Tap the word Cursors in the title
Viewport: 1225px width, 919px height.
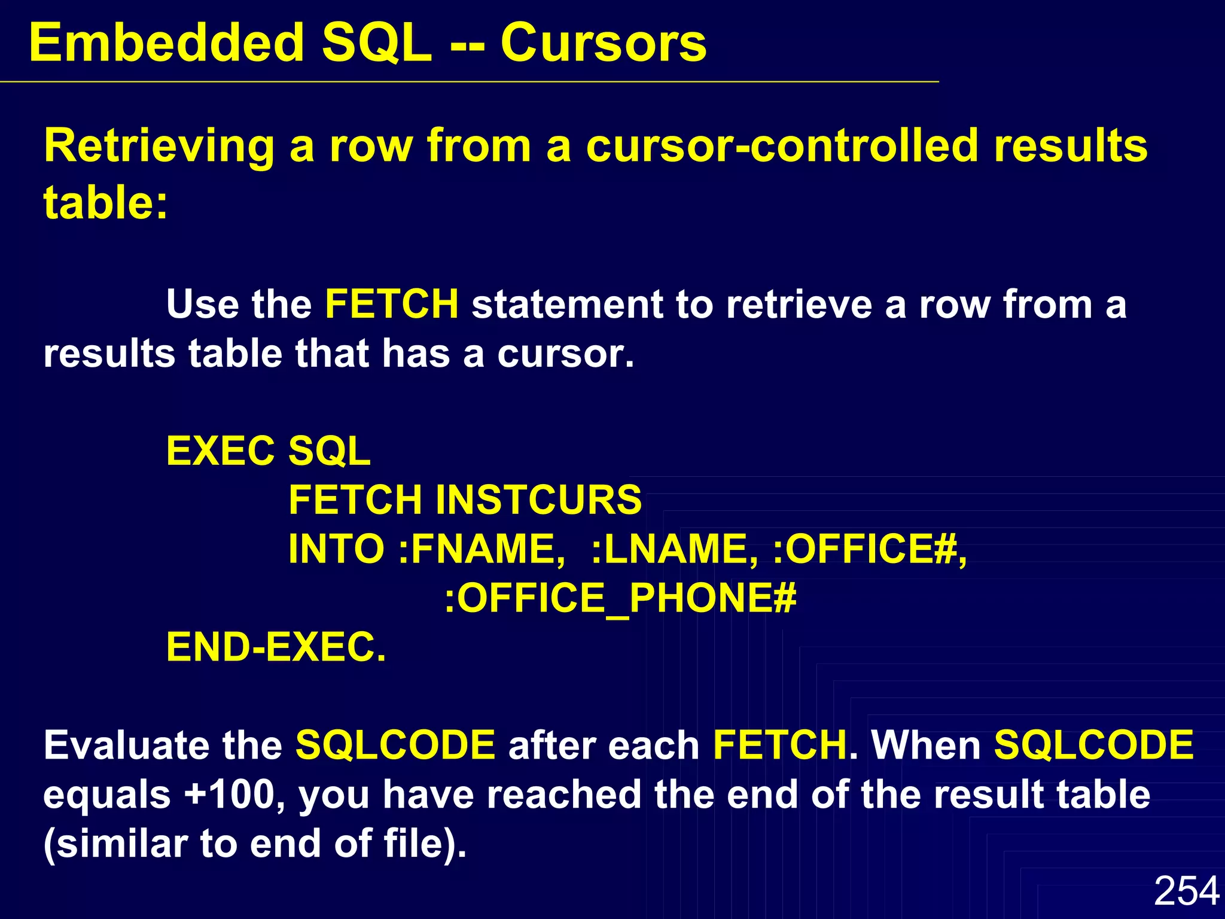603,43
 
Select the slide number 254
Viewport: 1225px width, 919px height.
1186,891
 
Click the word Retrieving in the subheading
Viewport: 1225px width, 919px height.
159,146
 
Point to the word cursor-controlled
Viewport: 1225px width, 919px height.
782,146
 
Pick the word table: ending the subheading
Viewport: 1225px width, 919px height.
105,202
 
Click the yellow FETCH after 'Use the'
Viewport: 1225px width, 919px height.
392,304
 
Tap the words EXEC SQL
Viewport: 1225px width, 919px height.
268,451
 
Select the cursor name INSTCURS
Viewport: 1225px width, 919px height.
538,500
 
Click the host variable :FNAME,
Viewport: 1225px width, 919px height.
482,549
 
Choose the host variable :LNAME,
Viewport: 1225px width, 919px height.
675,549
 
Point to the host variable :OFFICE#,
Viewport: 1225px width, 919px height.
870,549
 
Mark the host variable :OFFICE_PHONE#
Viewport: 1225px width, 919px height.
620,598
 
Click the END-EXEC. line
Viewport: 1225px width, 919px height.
276,647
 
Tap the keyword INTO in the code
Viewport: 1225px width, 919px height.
336,549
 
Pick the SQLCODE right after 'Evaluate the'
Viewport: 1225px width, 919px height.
395,745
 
